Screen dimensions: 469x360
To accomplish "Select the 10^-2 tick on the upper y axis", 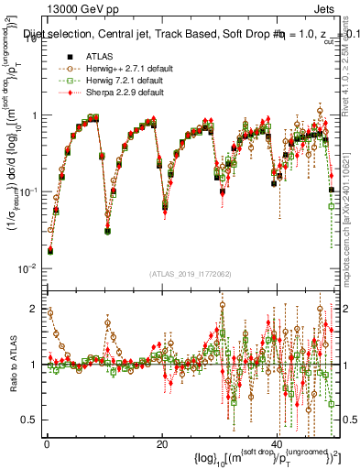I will pos(29,267).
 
